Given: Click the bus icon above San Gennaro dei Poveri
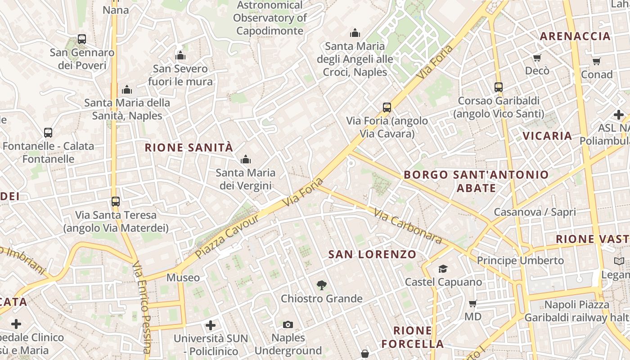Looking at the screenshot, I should click(x=81, y=39).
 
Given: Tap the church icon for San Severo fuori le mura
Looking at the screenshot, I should click(x=180, y=56).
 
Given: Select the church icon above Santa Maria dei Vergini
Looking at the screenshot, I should click(x=245, y=159).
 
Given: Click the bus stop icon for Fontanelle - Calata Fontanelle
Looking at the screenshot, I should click(x=48, y=133).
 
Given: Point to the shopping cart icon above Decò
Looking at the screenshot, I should click(x=537, y=58).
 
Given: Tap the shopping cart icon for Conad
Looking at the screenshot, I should click(x=596, y=61).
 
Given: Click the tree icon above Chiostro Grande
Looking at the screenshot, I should click(x=321, y=285).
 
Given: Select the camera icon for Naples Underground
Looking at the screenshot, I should click(x=288, y=324).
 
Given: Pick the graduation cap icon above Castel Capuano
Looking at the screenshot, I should click(x=443, y=269).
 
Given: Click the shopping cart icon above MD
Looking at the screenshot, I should click(x=472, y=303).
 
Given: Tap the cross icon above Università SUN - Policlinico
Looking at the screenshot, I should click(x=210, y=325).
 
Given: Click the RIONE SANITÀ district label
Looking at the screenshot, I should click(x=189, y=148).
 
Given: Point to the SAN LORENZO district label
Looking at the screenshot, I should click(x=372, y=254).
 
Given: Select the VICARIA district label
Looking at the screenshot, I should click(x=547, y=135).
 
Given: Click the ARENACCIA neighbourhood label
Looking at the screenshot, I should click(x=575, y=36).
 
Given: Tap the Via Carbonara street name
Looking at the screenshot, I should click(x=407, y=226).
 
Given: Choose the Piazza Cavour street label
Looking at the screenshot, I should click(x=228, y=236).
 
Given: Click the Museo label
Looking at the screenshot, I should click(x=183, y=278).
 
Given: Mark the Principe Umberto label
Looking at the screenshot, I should click(x=520, y=261).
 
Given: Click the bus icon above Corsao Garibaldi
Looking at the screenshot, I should click(x=498, y=87).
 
